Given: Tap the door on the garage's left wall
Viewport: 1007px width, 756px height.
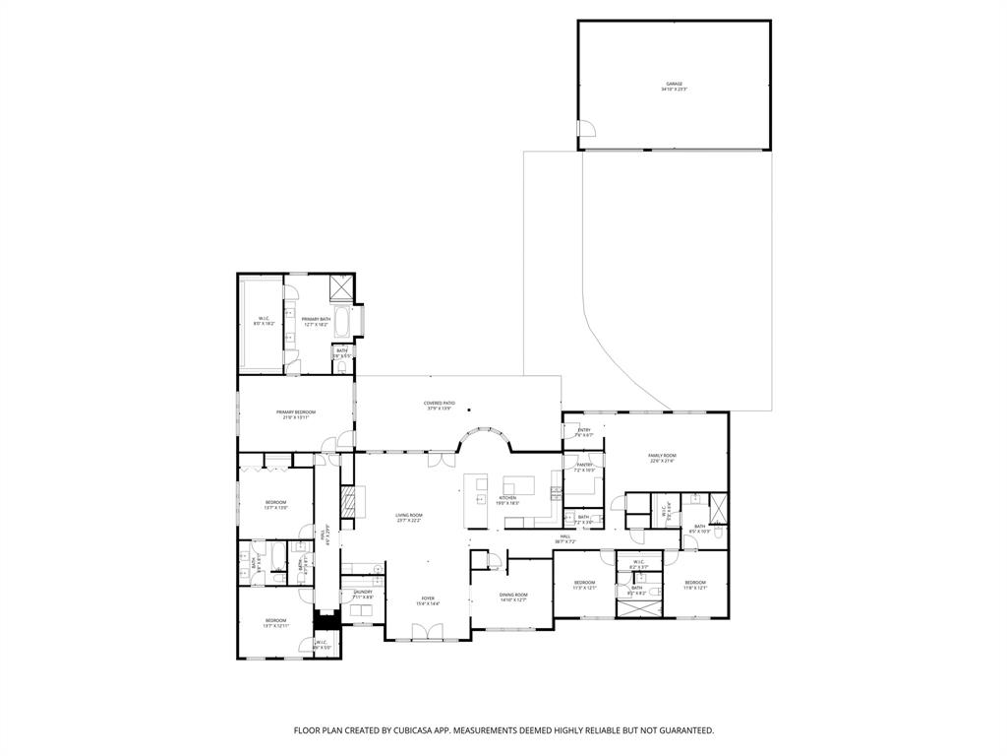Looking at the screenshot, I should (586, 129).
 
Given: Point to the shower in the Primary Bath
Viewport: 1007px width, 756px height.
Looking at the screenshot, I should (340, 285).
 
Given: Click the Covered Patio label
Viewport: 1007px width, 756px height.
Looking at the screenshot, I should (439, 405).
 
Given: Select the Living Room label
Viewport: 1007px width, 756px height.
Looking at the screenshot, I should (409, 517).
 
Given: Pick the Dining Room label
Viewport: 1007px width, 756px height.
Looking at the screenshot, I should (513, 597).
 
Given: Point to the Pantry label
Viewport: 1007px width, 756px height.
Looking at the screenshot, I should (584, 467).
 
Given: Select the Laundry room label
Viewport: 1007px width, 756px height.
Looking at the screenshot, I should (362, 594).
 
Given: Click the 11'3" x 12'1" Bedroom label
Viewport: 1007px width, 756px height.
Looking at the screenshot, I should (585, 585).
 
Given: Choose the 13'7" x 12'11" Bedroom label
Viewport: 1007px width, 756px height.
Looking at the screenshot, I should (275, 622).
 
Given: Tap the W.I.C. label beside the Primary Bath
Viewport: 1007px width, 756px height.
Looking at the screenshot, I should (265, 320).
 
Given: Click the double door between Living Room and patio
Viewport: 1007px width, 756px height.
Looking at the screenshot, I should (439, 459).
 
